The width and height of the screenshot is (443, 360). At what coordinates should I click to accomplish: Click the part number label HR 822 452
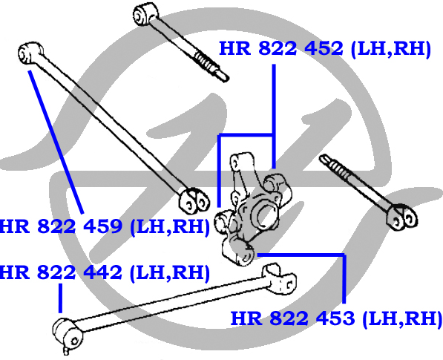[324, 49]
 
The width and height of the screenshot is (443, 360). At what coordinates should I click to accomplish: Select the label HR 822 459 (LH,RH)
[104, 226]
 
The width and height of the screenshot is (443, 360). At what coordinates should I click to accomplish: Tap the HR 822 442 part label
[104, 272]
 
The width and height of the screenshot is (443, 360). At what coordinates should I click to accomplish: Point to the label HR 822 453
[336, 318]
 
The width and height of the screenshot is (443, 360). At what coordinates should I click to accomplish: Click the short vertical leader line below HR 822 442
[60, 298]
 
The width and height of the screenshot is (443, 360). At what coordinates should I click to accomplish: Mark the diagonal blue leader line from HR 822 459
[56, 142]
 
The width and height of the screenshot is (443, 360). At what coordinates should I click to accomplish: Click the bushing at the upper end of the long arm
[30, 53]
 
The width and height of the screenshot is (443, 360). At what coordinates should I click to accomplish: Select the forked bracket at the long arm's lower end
[194, 200]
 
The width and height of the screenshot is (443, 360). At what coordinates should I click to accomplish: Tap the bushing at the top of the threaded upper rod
[145, 14]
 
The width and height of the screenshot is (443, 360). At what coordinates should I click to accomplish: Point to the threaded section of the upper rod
[206, 63]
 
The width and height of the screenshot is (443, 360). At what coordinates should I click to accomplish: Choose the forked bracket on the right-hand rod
[402, 217]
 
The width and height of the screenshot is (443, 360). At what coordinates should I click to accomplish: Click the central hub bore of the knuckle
[264, 214]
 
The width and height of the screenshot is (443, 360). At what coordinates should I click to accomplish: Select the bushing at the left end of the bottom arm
[68, 333]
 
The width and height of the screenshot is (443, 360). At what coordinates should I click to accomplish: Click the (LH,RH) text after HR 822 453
[402, 319]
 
